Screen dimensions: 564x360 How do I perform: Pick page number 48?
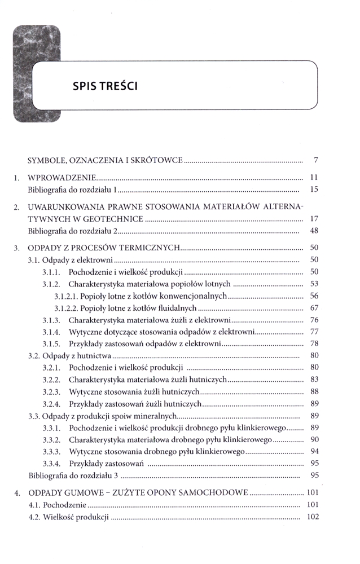[x=315, y=231]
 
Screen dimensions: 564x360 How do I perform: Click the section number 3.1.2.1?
[x=68, y=296]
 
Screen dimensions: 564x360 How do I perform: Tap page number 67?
[x=315, y=308]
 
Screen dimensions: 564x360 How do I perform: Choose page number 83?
[x=315, y=379]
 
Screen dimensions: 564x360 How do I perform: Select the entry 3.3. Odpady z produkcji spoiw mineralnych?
[x=102, y=416]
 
